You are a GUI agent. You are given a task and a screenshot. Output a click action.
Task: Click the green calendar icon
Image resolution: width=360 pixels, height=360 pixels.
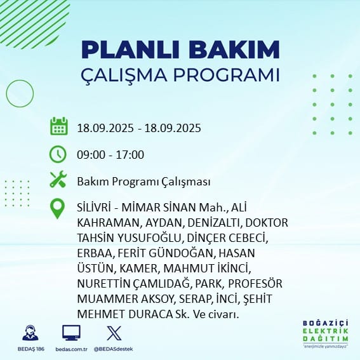coord(59,126)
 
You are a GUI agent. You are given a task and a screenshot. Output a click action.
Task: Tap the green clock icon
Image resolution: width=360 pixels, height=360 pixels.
coord(58,154)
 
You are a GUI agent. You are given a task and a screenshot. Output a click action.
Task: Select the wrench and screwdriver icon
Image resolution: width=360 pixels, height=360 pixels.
coord(58,179)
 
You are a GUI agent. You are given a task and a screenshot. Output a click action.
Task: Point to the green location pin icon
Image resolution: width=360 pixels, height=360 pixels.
coord(57,208)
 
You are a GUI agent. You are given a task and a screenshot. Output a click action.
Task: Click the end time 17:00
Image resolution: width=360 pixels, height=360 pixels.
coord(130,154)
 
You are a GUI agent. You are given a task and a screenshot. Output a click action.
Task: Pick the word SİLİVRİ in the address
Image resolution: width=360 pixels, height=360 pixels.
coord(94,208)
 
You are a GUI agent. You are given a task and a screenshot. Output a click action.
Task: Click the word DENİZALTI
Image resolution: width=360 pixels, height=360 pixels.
coord(214,223)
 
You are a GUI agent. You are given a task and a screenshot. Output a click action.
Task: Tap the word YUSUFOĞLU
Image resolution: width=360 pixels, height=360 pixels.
coord(149,238)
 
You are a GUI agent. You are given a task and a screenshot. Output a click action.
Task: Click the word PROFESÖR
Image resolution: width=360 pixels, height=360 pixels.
coord(255,284)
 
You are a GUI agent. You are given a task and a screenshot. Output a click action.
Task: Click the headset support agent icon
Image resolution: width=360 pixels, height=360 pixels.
coord(30,333)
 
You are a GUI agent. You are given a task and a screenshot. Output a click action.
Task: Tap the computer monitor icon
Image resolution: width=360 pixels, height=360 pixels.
coord(71,333)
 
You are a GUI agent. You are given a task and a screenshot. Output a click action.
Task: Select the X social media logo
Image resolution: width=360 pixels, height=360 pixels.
coord(114,333)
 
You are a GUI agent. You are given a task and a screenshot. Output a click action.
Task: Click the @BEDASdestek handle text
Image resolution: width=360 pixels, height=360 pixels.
coord(113,349)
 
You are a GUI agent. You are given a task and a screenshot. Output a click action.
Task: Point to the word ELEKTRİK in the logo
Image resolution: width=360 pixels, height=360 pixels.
coord(326,331)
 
